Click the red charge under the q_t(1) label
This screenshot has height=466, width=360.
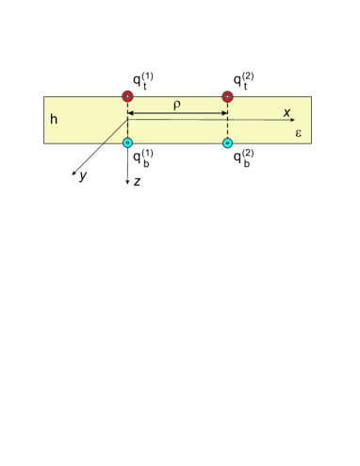click(127, 96)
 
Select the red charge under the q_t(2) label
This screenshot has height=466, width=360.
click(227, 96)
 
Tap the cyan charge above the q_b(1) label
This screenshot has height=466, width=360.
click(127, 143)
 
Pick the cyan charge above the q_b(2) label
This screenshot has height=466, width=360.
click(227, 143)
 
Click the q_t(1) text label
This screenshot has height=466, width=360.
click(142, 78)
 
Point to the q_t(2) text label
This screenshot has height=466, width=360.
click(243, 78)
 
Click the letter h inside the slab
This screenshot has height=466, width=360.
click(55, 120)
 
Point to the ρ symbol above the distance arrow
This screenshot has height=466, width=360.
click(176, 105)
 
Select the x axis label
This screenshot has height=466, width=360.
click(287, 112)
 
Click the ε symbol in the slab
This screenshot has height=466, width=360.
click(298, 133)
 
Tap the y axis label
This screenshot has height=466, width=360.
click(83, 176)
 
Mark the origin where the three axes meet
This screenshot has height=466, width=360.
click(127, 120)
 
